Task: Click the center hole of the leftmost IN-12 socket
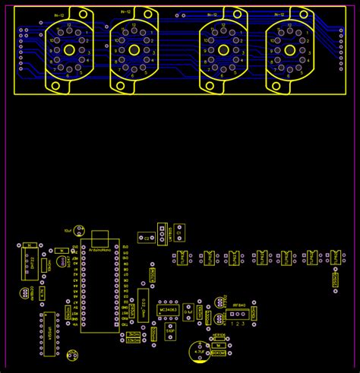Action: (69, 49)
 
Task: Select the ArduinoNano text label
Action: (100, 249)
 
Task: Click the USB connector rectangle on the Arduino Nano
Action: (100, 235)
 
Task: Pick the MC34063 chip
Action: (168, 310)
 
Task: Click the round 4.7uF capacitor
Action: (199, 352)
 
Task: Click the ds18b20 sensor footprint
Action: (26, 292)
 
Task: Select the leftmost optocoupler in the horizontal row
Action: (183, 258)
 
